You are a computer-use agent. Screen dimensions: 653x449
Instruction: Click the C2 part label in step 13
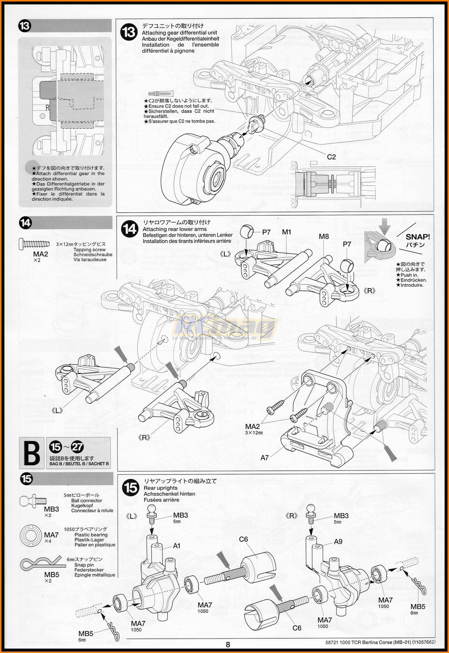(x=331, y=157)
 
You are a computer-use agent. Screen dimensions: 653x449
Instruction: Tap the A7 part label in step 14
(x=264, y=457)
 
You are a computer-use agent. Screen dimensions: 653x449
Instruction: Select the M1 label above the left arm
(x=286, y=232)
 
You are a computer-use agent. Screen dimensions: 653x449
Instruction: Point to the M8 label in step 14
(x=324, y=236)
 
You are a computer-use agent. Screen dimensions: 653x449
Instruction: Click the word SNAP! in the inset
(x=417, y=237)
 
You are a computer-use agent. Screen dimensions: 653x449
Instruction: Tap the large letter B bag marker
(x=32, y=453)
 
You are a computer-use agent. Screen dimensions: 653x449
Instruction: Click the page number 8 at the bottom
(x=228, y=645)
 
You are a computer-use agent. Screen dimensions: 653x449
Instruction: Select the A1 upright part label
(x=176, y=546)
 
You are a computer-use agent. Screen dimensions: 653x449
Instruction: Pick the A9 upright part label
(x=338, y=542)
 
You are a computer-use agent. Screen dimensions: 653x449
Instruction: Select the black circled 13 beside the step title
(x=129, y=33)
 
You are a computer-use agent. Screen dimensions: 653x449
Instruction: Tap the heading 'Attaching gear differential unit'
(x=179, y=33)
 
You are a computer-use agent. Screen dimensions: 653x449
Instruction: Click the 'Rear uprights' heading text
(x=160, y=488)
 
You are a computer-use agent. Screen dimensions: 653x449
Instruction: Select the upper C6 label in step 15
(x=243, y=539)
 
